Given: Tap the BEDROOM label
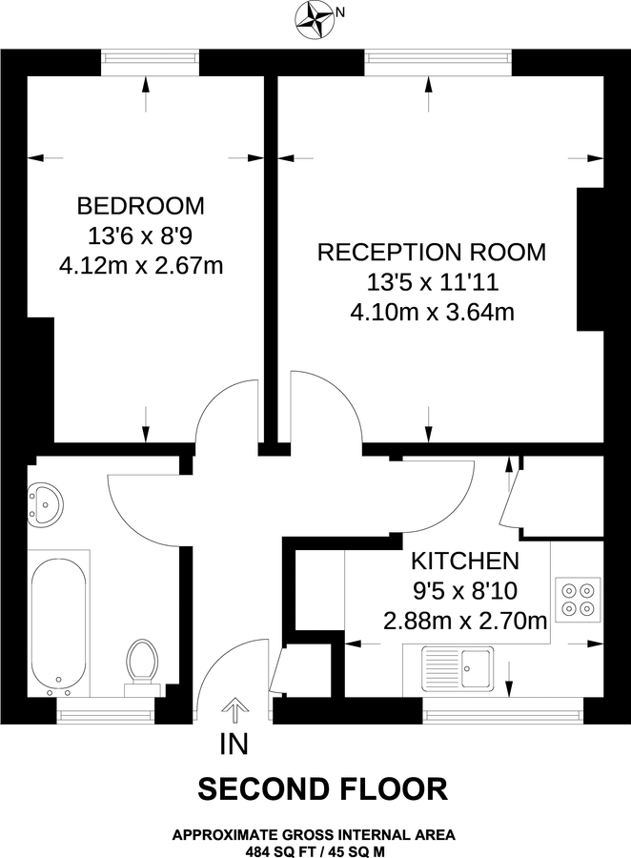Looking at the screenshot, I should pos(140,205).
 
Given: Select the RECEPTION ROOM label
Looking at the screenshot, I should pos(431,252).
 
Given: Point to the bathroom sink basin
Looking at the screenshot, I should pos(44,502).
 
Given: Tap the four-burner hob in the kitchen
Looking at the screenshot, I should pos(577,598).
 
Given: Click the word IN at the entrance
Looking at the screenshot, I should pos(234,743).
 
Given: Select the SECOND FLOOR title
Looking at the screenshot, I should pos(322,789).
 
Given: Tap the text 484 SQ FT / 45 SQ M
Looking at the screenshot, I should pos(314,848).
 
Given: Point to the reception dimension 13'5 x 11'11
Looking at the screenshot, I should pos(431,282).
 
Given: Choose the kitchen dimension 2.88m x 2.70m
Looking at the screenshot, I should pos(464,621).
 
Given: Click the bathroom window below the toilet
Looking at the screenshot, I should pos(107,710).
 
